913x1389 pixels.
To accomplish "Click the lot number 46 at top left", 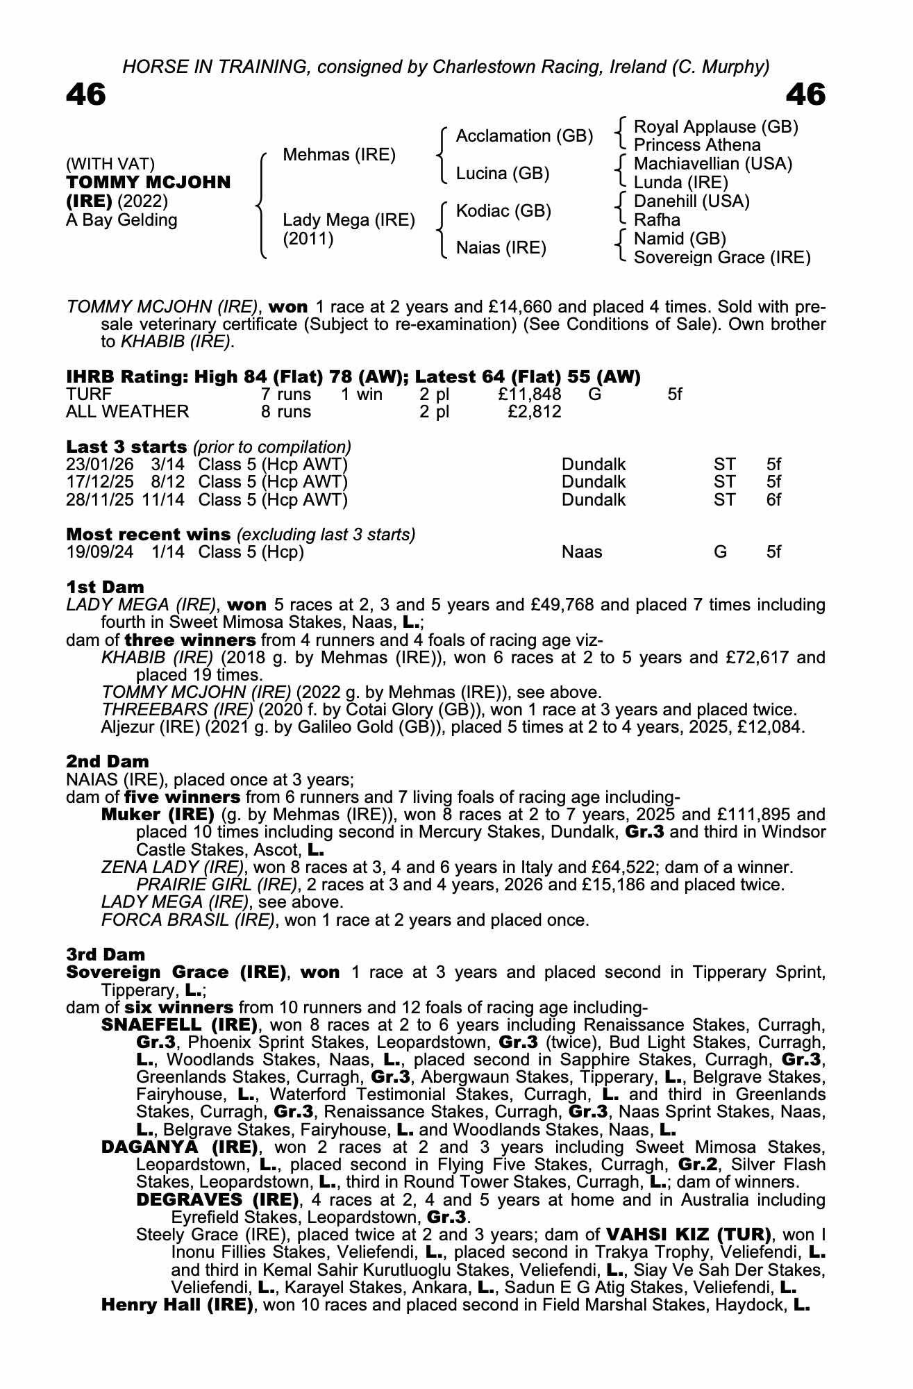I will click(x=85, y=95).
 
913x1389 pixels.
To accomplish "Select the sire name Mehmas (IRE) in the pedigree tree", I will click(x=339, y=155).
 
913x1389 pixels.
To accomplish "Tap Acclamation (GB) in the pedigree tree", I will click(x=524, y=136).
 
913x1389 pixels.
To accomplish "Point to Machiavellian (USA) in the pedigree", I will click(x=713, y=164).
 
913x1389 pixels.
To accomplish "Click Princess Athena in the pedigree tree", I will click(x=697, y=145).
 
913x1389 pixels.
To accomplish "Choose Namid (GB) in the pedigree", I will click(x=680, y=239).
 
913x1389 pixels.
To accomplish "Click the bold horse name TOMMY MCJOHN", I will click(x=148, y=183).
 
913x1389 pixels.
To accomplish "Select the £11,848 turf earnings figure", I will click(x=530, y=394).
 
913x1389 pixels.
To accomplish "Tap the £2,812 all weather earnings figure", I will click(x=534, y=412).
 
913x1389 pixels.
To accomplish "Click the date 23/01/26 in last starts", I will click(x=99, y=465).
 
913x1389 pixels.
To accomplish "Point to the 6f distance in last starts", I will click(x=773, y=500).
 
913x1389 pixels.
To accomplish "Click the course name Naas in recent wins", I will click(x=582, y=552).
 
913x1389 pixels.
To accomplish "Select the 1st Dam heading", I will click(x=105, y=588).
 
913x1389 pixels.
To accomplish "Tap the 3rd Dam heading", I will click(x=106, y=955).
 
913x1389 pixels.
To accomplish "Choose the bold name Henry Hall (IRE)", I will click(x=177, y=1305).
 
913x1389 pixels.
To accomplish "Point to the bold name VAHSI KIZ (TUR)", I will click(x=689, y=1235).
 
